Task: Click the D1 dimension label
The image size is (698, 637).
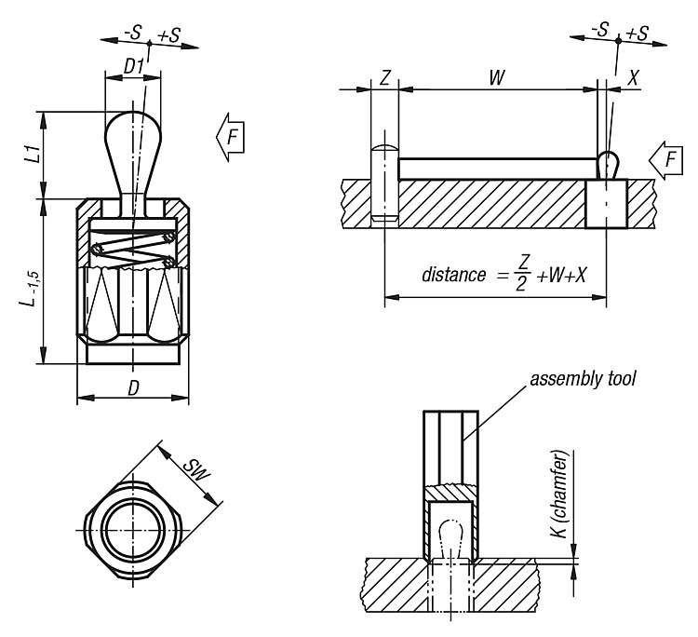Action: [133, 67]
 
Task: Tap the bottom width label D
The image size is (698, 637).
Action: [133, 387]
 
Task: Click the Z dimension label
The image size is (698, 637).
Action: [384, 77]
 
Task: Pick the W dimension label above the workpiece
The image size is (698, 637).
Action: [497, 77]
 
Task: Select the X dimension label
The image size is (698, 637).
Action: [632, 78]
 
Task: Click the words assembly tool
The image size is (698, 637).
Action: [583, 379]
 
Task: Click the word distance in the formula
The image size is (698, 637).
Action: [453, 275]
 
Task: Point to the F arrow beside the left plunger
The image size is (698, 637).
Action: [230, 137]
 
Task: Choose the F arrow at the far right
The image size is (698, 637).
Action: [666, 160]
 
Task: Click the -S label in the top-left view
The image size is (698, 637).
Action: [132, 33]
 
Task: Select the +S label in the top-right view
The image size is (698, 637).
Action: [637, 33]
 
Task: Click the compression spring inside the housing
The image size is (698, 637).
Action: [132, 251]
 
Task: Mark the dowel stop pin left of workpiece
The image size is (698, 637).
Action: [384, 183]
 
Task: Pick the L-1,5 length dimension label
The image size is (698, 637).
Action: [31, 288]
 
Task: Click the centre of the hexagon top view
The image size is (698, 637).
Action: [133, 530]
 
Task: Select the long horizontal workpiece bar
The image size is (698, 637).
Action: [497, 169]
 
